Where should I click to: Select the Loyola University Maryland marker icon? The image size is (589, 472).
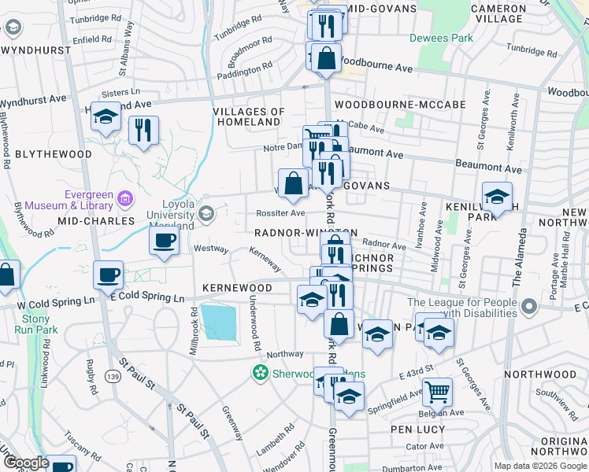tap(206, 213)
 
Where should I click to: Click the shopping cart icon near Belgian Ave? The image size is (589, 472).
tap(437, 391)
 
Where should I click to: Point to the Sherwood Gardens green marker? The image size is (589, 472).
tap(259, 373)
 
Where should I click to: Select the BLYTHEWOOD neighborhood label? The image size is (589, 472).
tap(54, 154)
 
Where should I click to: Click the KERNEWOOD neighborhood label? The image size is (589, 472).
tap(236, 289)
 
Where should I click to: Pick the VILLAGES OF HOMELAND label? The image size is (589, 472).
tap(248, 116)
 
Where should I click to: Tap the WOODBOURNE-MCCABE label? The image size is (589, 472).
tap(399, 104)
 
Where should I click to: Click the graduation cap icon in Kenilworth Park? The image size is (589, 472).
tap(497, 197)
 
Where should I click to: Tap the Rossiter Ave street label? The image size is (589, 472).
tap(281, 213)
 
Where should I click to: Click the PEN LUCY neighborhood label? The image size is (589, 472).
tap(418, 430)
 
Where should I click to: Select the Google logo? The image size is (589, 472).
tap(26, 463)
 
